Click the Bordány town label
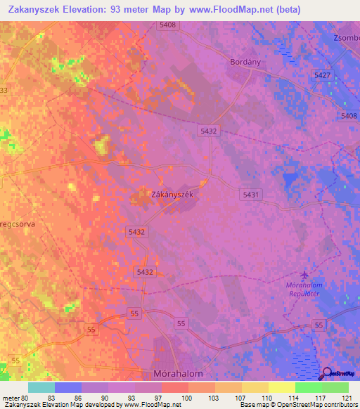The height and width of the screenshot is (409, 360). [245, 62]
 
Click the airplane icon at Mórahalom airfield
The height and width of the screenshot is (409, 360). [304, 274]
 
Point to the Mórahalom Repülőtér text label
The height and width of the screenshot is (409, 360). [303, 290]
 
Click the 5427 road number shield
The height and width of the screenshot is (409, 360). [323, 75]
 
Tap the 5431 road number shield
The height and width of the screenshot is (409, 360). [251, 194]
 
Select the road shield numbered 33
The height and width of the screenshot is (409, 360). [4, 91]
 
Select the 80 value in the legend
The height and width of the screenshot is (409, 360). [21, 398]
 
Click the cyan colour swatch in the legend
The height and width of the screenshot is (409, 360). [41, 387]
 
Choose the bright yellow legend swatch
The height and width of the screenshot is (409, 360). [282, 387]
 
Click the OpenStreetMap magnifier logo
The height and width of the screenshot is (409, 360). [328, 373]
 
